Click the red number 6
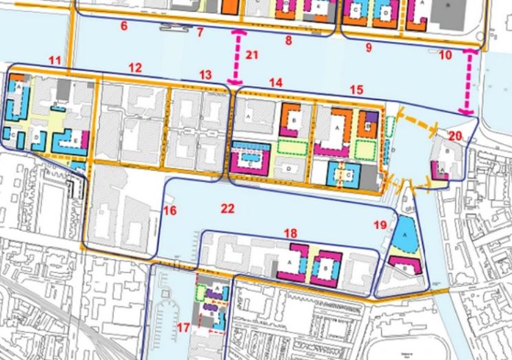click(x=124, y=27)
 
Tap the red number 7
click(x=200, y=32)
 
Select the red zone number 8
click(x=288, y=41)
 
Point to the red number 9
click(x=368, y=48)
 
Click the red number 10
click(x=445, y=54)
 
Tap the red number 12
click(x=135, y=68)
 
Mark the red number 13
click(x=205, y=74)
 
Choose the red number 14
click(x=276, y=83)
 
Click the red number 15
click(x=356, y=90)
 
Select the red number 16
click(x=170, y=210)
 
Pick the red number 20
click(x=455, y=136)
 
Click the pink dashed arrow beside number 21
click(x=238, y=58)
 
